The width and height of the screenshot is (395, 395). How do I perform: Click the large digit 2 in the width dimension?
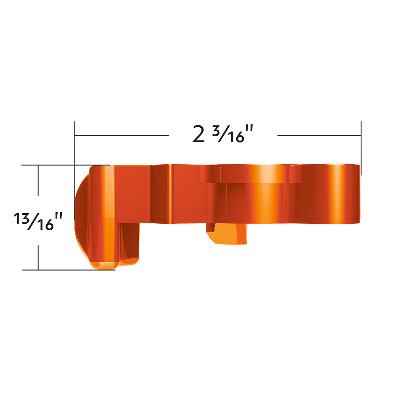pyautogui.click(x=198, y=135)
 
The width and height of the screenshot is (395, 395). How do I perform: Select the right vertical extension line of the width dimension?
pyautogui.click(x=361, y=148)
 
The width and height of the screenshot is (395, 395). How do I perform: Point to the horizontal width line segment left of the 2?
pyautogui.click(x=122, y=135)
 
